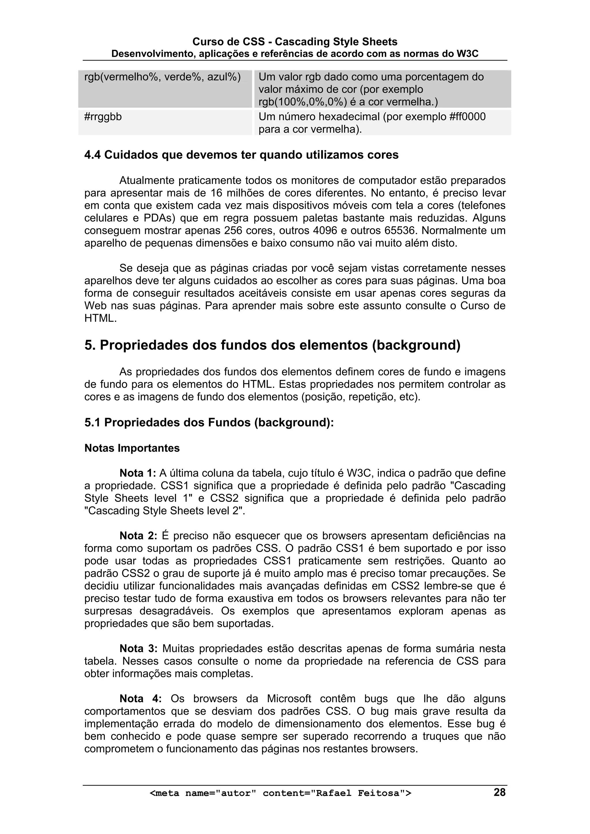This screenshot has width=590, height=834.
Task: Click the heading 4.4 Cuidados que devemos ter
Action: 241,155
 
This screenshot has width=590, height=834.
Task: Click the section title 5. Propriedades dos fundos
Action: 272,345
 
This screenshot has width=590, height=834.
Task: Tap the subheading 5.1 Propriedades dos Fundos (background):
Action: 209,422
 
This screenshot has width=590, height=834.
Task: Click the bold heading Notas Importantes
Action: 132,448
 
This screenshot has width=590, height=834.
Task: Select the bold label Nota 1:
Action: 138,473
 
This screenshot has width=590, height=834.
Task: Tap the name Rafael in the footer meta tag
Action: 333,793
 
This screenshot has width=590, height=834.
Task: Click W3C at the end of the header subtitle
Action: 468,54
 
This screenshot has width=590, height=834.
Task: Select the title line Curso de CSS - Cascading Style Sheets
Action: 294,42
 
